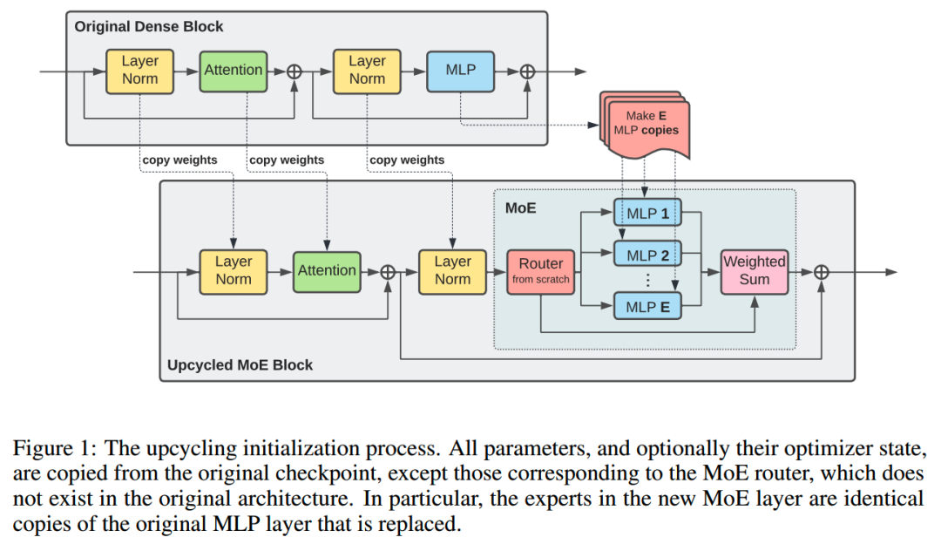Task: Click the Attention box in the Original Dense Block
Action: click(233, 71)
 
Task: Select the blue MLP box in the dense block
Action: click(460, 71)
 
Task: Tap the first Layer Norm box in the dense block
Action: click(139, 71)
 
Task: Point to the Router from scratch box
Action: click(540, 270)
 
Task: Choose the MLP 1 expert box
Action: click(647, 213)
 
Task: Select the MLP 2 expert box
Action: click(647, 255)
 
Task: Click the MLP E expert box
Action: click(647, 306)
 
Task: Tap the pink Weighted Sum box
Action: click(755, 270)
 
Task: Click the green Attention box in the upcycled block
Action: click(327, 270)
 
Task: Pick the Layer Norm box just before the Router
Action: click(452, 270)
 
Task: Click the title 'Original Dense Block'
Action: click(148, 26)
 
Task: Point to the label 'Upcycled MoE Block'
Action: click(239, 364)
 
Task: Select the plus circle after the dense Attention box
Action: click(294, 71)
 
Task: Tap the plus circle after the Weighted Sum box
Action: click(821, 272)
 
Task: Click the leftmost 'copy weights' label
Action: click(179, 160)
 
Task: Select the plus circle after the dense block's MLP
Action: click(527, 71)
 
